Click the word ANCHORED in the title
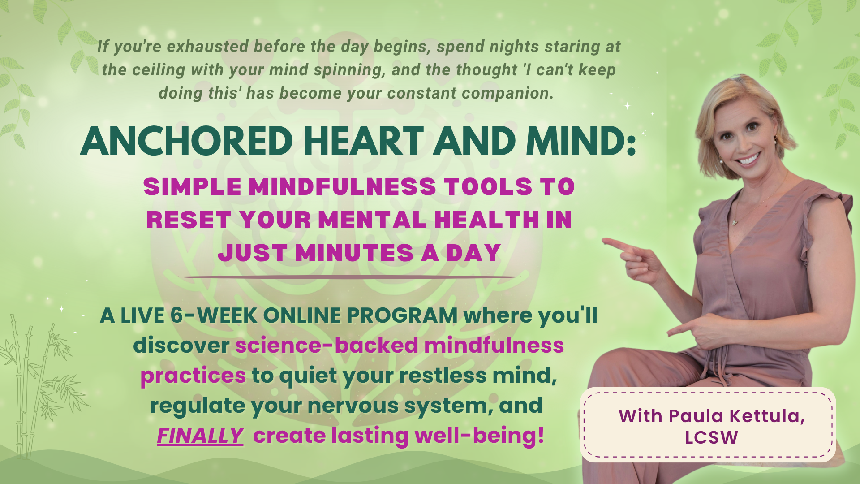point(186,141)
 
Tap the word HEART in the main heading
point(364,141)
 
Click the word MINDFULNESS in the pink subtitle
point(342,186)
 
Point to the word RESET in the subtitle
point(189,220)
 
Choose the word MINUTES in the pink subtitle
point(354,253)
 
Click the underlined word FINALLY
point(200,435)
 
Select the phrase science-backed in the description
point(327,345)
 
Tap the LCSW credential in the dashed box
point(711,437)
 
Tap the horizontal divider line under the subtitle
point(349,277)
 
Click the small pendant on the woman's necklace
point(735,221)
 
